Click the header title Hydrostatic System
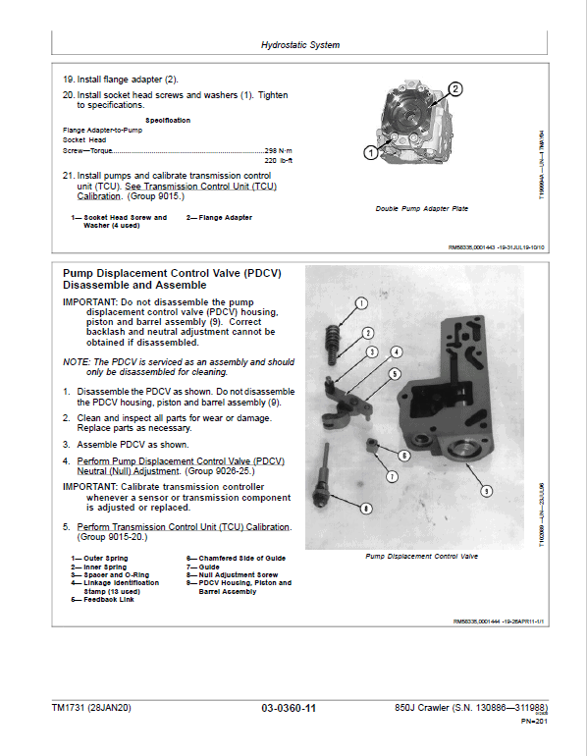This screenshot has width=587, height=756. pos(300,45)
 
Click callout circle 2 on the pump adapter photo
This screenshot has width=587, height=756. pos(454,89)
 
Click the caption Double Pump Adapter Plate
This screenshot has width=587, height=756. pos(422,209)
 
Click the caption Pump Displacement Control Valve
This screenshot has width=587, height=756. pos(421,556)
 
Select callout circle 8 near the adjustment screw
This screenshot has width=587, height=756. pos(366,508)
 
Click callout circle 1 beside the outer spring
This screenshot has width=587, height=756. pos(361,303)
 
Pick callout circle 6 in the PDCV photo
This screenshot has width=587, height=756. pos(403,456)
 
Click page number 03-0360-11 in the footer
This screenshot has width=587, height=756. pos(290,708)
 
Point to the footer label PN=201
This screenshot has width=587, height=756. pos(533,721)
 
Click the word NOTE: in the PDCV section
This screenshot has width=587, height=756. pos(77,362)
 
